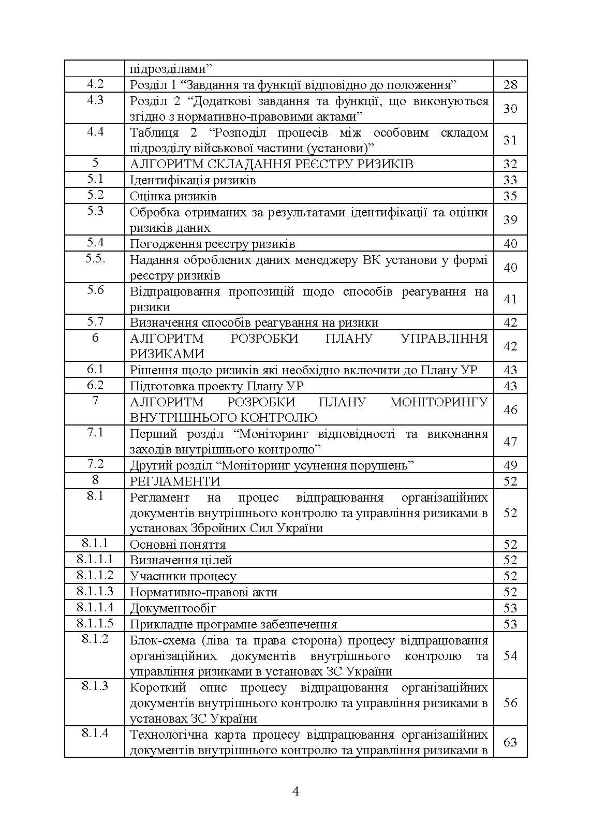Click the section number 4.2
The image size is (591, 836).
coord(95,84)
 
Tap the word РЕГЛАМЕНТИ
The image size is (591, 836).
coord(175,481)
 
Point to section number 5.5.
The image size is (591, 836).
coord(95,259)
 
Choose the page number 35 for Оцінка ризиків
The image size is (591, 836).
coord(510,196)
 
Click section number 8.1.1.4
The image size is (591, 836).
coord(95,607)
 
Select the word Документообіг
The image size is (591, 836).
coord(173,608)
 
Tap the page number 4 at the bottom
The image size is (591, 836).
coord(296,791)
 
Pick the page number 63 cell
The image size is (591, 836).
coord(510,742)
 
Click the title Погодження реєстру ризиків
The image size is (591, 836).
coord(212,244)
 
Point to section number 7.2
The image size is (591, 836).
coord(95,464)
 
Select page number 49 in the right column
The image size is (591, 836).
coord(510,465)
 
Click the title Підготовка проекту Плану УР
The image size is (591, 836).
coord(216,386)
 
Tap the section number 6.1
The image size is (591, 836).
coord(95,369)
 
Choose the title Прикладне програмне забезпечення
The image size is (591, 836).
coord(233,624)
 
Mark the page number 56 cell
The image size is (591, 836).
coord(510,702)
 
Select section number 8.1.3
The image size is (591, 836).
coord(95,686)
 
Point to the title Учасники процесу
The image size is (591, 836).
coord(183,576)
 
